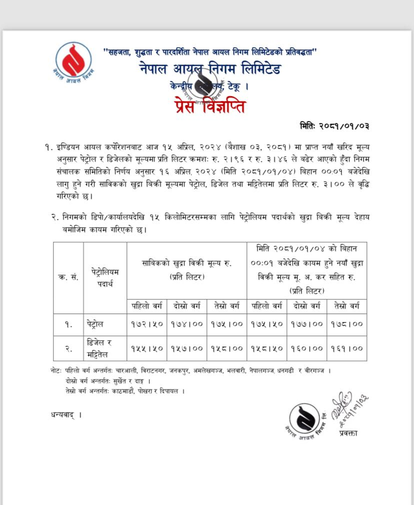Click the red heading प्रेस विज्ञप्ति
[x=210, y=106]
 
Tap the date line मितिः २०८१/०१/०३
[x=334, y=125]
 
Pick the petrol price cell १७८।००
[x=346, y=323]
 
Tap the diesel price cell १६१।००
[x=346, y=348]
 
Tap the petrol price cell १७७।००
[x=307, y=323]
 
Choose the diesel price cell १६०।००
[x=307, y=348]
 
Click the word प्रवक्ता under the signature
[x=347, y=433]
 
